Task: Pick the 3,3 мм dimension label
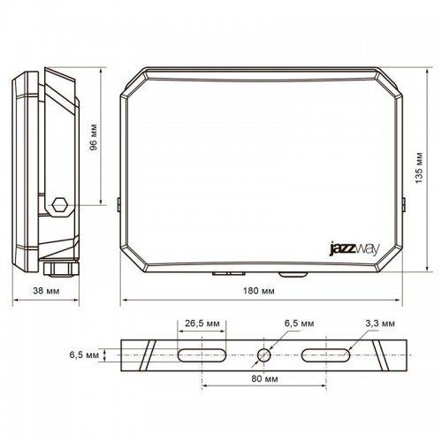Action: [364, 324]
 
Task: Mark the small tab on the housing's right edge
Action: [402, 204]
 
